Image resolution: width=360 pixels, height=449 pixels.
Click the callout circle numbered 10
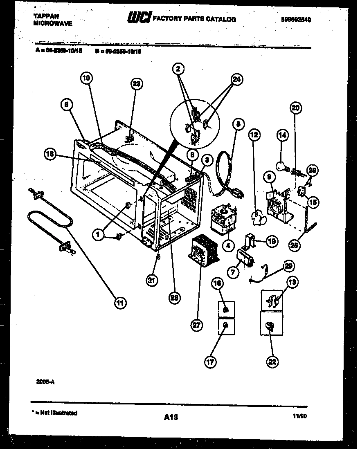coord(86,78)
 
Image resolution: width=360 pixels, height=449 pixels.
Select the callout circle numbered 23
coord(136,84)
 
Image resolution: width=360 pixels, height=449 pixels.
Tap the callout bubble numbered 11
coord(119,303)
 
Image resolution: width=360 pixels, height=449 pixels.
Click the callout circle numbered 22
coord(272,361)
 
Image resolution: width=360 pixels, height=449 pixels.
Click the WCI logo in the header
coord(139,18)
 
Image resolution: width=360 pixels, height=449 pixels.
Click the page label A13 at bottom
coord(171,417)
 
